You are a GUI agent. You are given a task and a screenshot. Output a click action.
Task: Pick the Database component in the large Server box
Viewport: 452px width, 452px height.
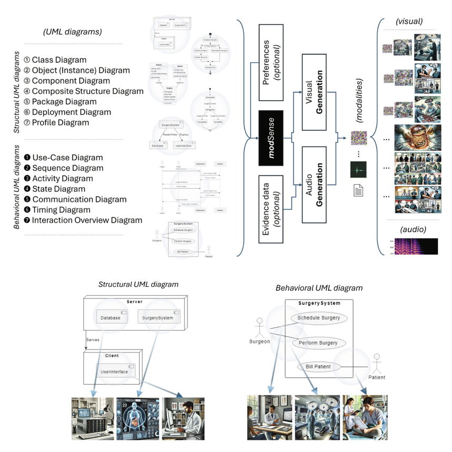click(111, 318)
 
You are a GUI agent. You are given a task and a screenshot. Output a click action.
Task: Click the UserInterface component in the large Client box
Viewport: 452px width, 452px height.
click(115, 372)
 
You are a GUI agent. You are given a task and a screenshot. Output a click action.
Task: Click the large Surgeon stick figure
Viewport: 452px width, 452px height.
click(259, 328)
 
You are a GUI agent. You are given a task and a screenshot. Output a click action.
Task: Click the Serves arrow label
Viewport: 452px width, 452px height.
click(93, 340)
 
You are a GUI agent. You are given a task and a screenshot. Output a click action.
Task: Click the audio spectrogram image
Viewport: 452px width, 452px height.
click(416, 247)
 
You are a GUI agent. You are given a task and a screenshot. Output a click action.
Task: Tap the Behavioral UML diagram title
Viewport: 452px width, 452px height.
click(319, 288)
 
